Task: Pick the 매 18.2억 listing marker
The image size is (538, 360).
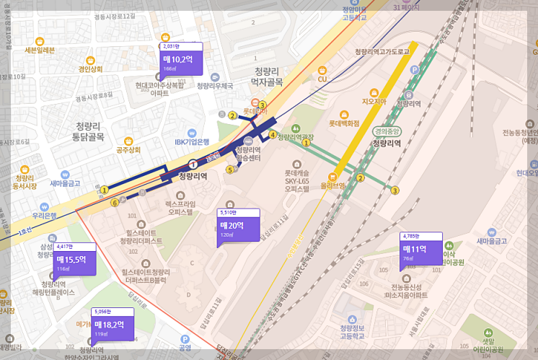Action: tap(111, 326)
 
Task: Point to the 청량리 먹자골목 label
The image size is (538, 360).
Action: tap(268, 76)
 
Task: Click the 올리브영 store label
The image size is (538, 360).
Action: tap(333, 185)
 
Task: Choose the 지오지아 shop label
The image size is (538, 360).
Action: tap(374, 102)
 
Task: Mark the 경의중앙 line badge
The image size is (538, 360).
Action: tap(386, 131)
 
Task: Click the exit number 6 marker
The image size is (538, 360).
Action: tap(114, 203)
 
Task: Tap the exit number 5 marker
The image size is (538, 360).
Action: tap(230, 170)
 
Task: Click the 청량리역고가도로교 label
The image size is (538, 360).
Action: tap(382, 52)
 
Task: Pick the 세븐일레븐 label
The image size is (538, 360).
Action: tap(40, 51)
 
